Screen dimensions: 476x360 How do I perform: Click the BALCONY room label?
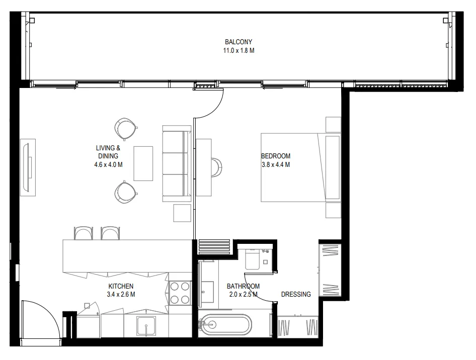click(239, 42)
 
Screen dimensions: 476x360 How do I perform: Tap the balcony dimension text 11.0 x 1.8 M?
click(239, 51)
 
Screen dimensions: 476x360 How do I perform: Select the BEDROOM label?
click(276, 156)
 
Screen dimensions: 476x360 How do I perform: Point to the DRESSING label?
click(296, 294)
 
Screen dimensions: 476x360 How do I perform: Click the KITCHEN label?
click(121, 286)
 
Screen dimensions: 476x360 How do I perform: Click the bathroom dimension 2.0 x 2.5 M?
click(244, 294)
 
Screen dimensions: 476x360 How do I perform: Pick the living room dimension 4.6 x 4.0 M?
click(108, 165)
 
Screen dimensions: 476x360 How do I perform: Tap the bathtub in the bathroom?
click(226, 325)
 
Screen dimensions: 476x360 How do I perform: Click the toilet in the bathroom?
click(252, 259)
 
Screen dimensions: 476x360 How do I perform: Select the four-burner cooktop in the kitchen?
click(180, 293)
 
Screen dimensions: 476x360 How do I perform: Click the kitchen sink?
click(146, 326)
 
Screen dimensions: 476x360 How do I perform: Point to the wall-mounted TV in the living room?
click(28, 167)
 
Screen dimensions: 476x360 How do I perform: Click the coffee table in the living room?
click(143, 163)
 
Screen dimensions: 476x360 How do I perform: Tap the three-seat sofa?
click(177, 163)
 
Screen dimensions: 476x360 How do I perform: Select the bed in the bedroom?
click(301, 167)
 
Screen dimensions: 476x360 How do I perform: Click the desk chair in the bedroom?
click(217, 167)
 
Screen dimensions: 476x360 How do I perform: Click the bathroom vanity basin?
click(206, 292)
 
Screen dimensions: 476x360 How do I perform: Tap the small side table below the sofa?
click(182, 213)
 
